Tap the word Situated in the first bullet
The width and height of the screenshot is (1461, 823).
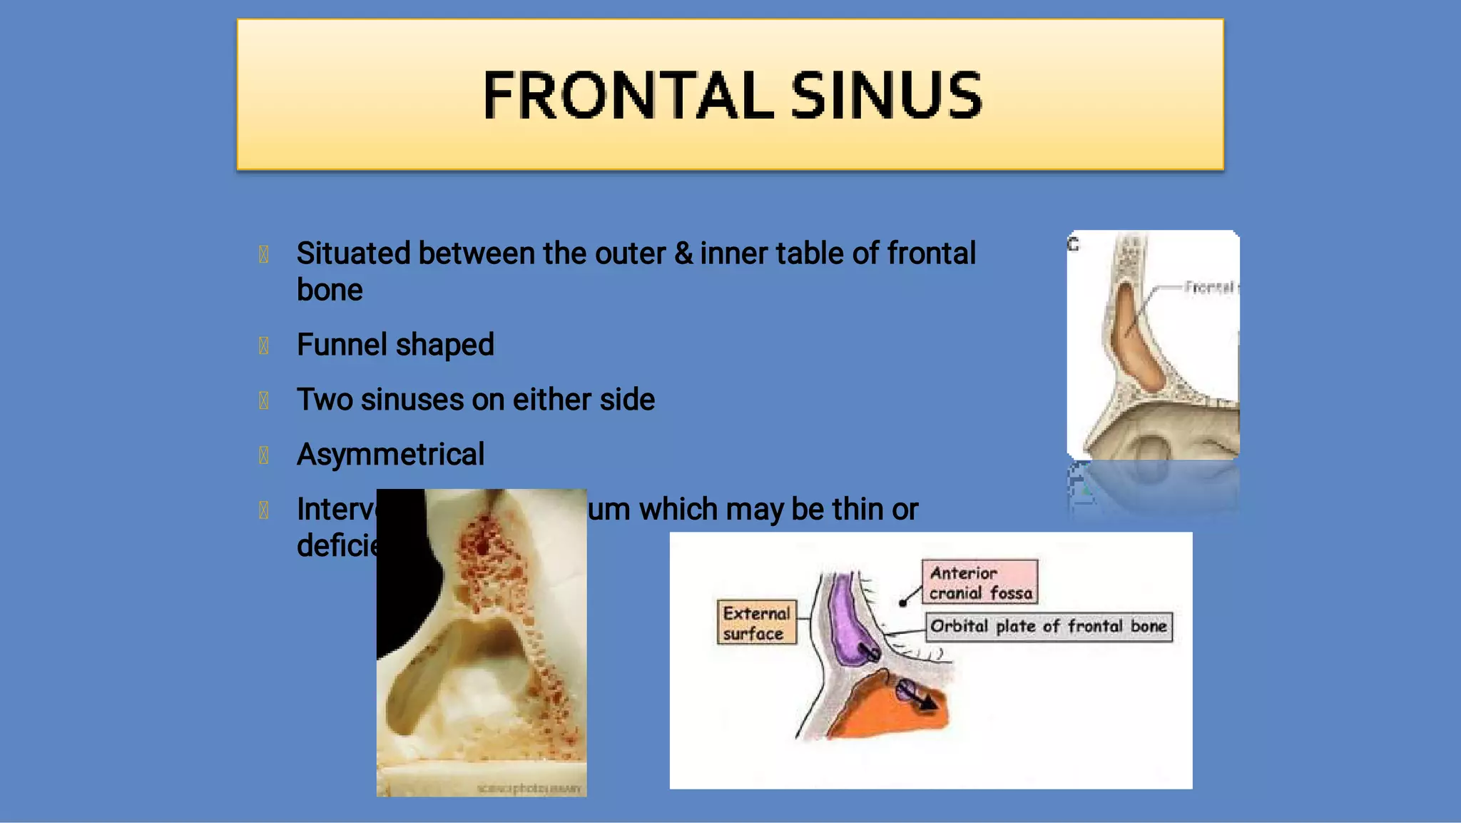click(353, 253)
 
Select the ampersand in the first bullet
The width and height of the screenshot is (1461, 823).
click(683, 253)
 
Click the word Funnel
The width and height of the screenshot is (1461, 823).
click(342, 345)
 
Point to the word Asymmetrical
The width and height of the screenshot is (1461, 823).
click(390, 455)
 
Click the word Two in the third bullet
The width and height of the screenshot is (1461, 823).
click(325, 400)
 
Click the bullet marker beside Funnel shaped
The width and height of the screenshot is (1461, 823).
click(263, 345)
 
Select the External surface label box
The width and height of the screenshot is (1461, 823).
click(756, 622)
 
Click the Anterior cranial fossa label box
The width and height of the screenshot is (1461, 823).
click(980, 582)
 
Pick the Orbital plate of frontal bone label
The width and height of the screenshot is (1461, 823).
click(1049, 627)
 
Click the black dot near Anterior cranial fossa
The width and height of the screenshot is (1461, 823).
click(903, 603)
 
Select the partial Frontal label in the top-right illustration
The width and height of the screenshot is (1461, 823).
click(1209, 287)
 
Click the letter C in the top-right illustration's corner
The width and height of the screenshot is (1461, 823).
click(1074, 244)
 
